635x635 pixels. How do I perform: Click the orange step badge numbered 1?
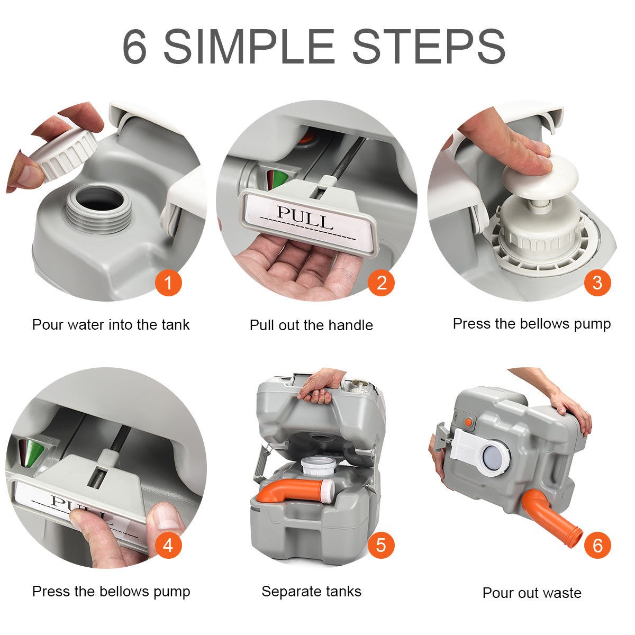tap(168, 283)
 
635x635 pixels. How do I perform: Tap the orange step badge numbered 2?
tap(381, 283)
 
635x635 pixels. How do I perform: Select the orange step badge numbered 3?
tap(597, 283)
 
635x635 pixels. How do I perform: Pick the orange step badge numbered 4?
tap(168, 545)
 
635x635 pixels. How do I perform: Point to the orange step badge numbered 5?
tap(381, 545)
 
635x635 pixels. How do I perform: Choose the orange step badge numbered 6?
tap(597, 545)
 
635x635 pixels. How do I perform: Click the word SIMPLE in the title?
tap(249, 47)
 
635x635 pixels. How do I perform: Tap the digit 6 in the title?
tap(134, 47)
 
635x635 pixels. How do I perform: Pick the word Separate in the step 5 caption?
tap(292, 592)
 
